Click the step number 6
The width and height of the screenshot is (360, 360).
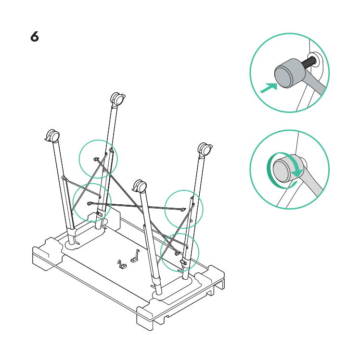coord(35,37)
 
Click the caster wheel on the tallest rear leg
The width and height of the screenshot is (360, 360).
coord(118,99)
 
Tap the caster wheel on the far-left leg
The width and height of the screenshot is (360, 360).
coord(52,136)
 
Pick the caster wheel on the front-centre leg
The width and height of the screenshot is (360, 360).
coord(140,186)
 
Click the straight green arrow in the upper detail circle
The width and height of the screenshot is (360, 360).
coord(269,87)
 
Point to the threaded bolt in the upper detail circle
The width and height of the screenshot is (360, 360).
coord(309,62)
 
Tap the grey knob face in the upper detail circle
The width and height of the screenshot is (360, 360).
coord(283,76)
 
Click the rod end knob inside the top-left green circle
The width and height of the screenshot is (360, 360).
coord(95,159)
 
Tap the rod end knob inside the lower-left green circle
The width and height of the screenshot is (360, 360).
coord(90,203)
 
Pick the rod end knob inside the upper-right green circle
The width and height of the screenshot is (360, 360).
coord(183,210)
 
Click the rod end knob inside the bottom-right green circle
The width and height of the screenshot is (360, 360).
coord(177,253)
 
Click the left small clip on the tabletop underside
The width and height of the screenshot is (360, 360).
coord(122,264)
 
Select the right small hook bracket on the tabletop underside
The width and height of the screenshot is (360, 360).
coord(135,256)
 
